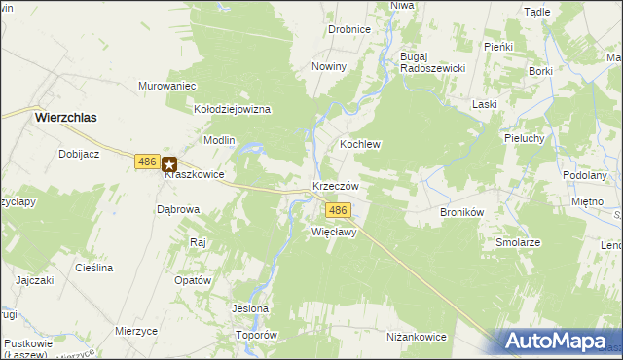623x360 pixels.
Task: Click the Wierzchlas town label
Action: click(x=71, y=116)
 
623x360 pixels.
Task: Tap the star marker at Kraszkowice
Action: click(x=169, y=165)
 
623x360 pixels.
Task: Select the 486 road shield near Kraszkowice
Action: click(x=147, y=162)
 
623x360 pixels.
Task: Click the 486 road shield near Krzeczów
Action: click(x=337, y=210)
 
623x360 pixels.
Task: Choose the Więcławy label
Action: click(x=336, y=233)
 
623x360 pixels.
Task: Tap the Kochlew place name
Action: click(x=359, y=144)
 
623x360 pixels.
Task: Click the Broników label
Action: click(x=462, y=211)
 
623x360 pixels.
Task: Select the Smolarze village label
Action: click(x=518, y=242)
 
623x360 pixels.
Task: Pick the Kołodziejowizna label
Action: click(x=232, y=110)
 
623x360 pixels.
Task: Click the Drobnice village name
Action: click(x=348, y=29)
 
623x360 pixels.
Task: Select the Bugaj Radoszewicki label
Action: click(x=432, y=62)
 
